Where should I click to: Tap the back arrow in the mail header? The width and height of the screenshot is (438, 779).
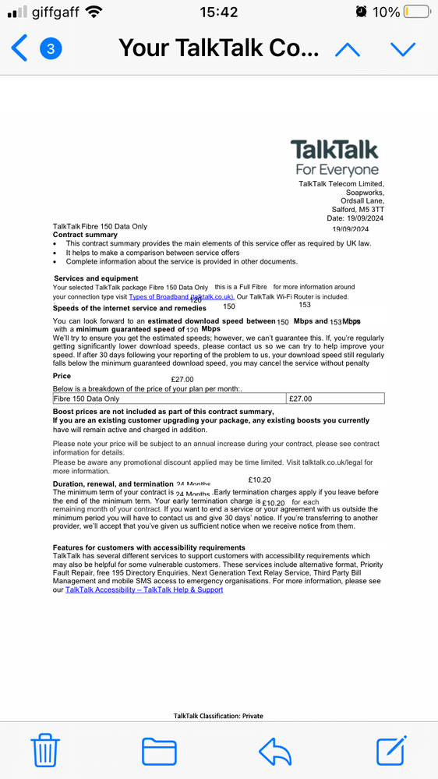pos(19,49)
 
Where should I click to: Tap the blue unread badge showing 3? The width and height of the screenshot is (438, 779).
pos(51,49)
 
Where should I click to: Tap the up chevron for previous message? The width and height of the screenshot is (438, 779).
pos(348,49)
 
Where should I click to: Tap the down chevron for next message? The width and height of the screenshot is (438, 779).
pos(403,49)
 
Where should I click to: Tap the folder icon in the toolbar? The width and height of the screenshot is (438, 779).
pos(159,751)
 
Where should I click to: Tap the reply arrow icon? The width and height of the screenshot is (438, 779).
pos(274,751)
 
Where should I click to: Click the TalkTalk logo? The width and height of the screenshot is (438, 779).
pos(335,157)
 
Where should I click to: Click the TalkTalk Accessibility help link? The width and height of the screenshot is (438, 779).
pos(144,590)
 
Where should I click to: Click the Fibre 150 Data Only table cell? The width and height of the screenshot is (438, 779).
pos(169,398)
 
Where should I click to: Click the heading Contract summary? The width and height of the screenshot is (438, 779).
pos(85,235)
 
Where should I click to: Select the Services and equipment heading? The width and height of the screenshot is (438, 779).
pos(96,278)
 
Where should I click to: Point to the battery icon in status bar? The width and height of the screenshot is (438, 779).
pos(417,12)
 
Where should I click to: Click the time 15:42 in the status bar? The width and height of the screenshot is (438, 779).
pos(218,12)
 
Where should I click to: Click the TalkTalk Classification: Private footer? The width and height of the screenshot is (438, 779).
pos(218,715)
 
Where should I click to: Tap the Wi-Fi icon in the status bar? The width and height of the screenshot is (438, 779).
pos(94,12)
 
